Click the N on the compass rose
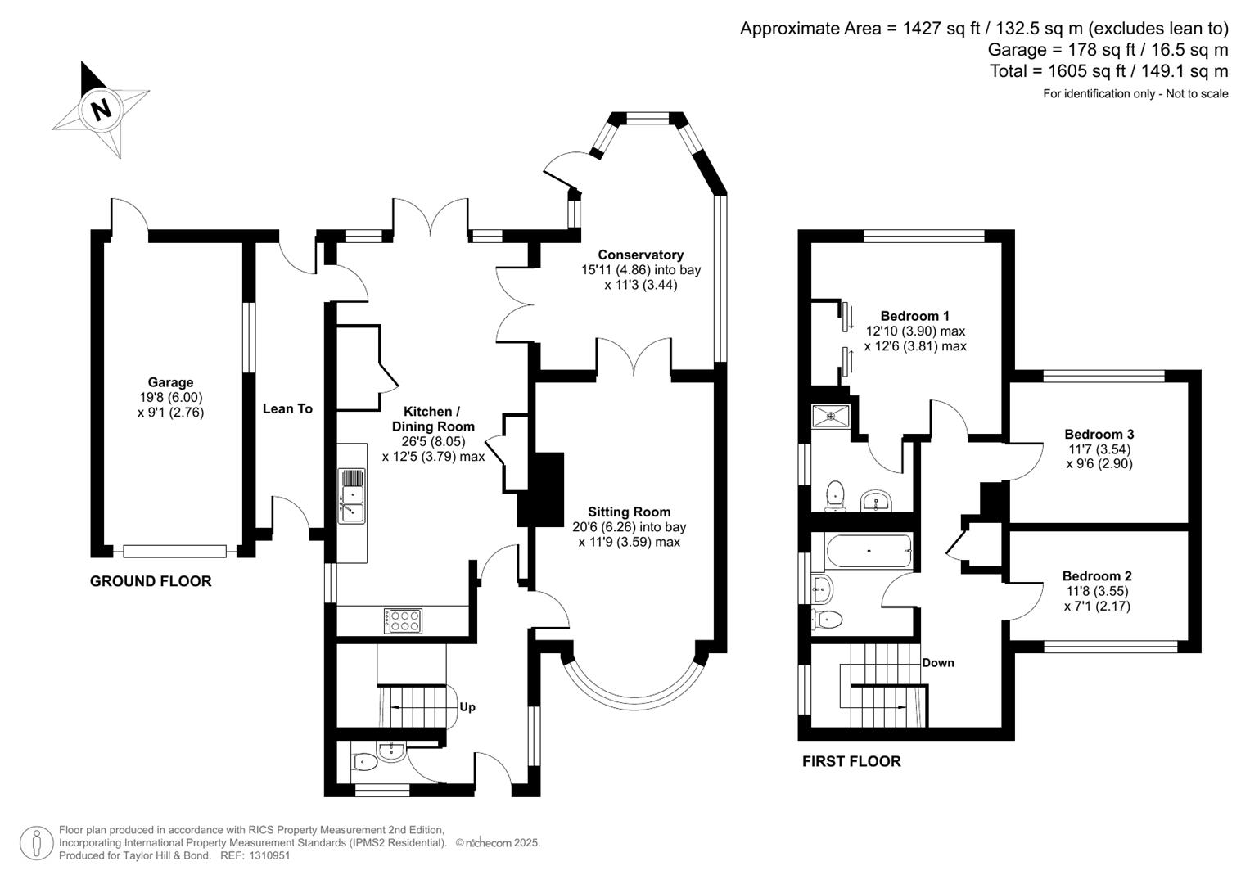coord(101,109)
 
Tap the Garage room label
coord(170,382)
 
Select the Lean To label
coord(287,408)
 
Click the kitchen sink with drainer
coord(353,496)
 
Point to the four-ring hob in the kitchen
coord(404,620)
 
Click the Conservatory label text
coord(640,255)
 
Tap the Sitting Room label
coord(629,512)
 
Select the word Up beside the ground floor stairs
coord(467,707)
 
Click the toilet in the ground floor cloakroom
coord(364,763)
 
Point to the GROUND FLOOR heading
coord(151,581)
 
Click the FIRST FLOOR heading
coord(851,761)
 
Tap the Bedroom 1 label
coord(914,316)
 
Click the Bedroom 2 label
coord(1097,576)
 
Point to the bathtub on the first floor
coord(869,552)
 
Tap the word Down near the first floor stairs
coord(938,663)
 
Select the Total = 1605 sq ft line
coord(1108,71)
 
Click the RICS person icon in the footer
coord(36,842)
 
